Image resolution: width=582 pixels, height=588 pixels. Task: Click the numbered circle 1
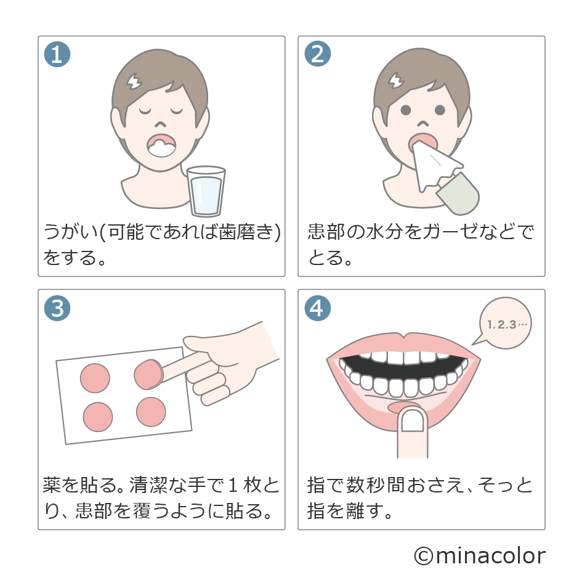pyautogui.click(x=57, y=54)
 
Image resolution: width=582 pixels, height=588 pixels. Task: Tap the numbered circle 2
pyautogui.click(x=317, y=54)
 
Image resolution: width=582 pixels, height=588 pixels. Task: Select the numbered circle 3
pyautogui.click(x=57, y=308)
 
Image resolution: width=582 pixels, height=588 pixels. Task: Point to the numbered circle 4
pyautogui.click(x=317, y=308)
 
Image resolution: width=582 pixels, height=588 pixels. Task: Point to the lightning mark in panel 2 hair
pyautogui.click(x=396, y=81)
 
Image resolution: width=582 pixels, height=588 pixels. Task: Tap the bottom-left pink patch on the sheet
pyautogui.click(x=98, y=417)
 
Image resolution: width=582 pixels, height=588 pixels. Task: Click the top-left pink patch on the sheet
pyautogui.click(x=95, y=378)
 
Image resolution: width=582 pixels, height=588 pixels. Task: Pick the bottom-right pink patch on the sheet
pyautogui.click(x=152, y=411)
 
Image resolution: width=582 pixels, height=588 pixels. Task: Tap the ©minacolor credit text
pyautogui.click(x=479, y=556)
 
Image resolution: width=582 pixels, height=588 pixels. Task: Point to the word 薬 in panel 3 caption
pyautogui.click(x=52, y=485)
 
